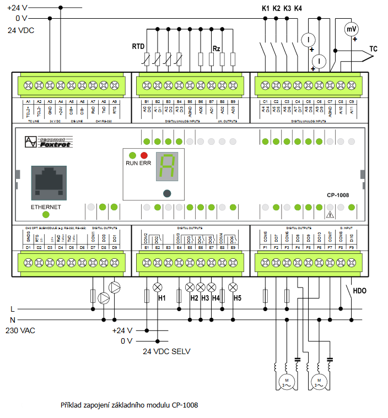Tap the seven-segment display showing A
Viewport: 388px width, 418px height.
166,166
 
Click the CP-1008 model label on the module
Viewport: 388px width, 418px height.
337,194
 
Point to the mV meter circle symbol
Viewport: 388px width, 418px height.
351,29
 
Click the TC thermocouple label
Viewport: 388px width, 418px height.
373,49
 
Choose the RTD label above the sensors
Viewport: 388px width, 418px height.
138,46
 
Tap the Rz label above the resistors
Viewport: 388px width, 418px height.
217,49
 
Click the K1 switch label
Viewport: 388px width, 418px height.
265,9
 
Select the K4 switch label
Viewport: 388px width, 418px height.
298,9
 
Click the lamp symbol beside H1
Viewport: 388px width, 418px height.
158,287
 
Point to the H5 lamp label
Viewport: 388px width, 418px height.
237,298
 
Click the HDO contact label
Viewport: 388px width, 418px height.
359,290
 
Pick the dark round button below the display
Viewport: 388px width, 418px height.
166,193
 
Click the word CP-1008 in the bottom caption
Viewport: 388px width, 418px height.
184,405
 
